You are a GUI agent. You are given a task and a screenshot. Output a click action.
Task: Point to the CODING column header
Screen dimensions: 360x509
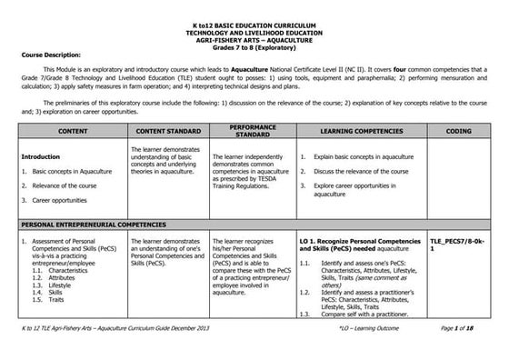[x=458, y=133]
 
